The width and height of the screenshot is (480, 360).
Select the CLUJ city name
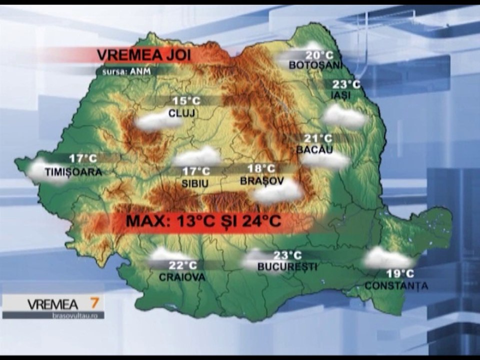[181, 112]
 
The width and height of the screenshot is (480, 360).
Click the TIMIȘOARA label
[73, 172]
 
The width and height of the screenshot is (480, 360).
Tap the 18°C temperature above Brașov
[261, 169]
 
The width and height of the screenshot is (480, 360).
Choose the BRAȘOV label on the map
[262, 180]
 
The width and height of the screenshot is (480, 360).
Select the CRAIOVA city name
[182, 277]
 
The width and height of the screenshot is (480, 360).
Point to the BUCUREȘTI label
[287, 267]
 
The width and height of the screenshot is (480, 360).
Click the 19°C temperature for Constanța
[399, 273]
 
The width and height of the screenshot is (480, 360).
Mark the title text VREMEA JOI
[143, 54]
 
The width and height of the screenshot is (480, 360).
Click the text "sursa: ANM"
[122, 71]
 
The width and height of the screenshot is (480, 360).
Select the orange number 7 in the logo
[93, 303]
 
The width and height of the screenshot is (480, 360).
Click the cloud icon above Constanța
[387, 258]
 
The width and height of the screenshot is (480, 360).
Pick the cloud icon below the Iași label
[344, 116]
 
